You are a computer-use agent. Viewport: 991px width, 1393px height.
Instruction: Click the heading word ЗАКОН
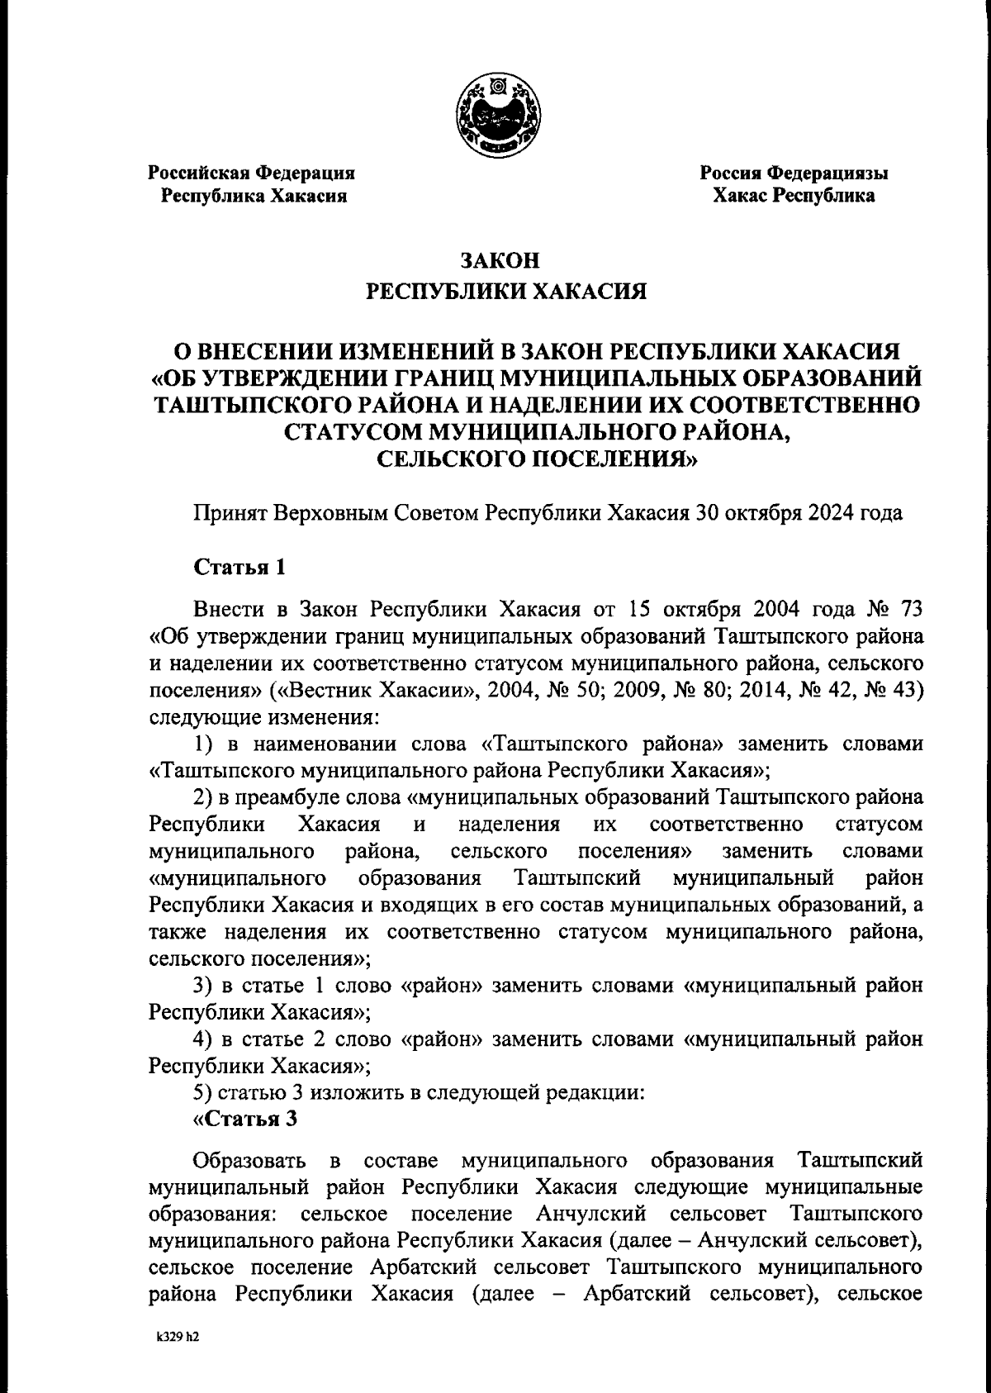[x=500, y=261]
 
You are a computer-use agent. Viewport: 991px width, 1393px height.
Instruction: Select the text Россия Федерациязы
[x=794, y=174]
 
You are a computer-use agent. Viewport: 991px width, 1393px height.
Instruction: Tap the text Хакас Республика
[x=794, y=196]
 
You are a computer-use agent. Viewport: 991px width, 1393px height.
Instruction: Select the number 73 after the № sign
[x=905, y=610]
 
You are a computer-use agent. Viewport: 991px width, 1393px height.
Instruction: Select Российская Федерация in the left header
[x=251, y=174]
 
